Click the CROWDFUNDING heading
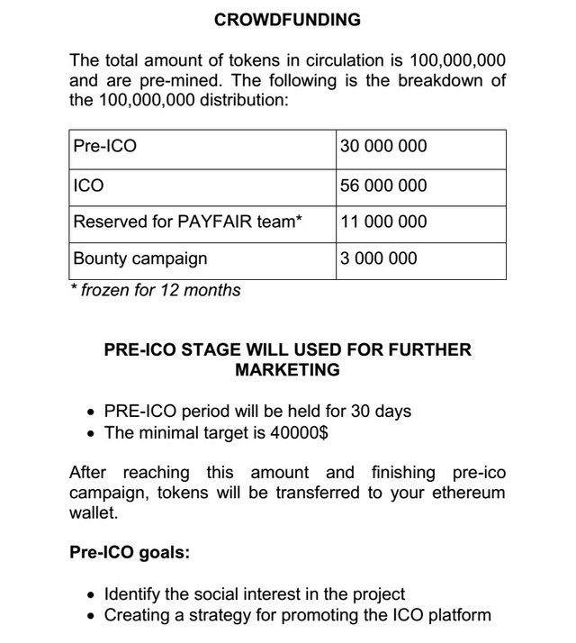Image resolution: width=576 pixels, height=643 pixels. pyautogui.click(x=288, y=19)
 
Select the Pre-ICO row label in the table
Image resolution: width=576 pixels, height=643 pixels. pyautogui.click(x=104, y=146)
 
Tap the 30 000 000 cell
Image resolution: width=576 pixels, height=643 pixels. pyautogui.click(x=383, y=146)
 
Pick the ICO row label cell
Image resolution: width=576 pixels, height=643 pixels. pyautogui.click(x=88, y=186)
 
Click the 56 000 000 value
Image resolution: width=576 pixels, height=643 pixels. pyautogui.click(x=383, y=186)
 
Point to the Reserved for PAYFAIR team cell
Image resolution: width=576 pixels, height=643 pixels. pyautogui.click(x=187, y=222)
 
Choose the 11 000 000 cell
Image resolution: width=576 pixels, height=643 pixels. pyautogui.click(x=383, y=222)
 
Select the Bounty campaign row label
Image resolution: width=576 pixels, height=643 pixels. pyautogui.click(x=139, y=258)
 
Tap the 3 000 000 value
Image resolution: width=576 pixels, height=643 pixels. pyautogui.click(x=379, y=258)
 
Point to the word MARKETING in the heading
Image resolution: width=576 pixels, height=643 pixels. pyautogui.click(x=288, y=369)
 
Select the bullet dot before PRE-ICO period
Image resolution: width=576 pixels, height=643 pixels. pyautogui.click(x=91, y=412)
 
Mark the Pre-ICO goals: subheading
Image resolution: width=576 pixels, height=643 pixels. pyautogui.click(x=130, y=553)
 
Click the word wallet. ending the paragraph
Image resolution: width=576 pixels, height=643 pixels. pyautogui.click(x=94, y=513)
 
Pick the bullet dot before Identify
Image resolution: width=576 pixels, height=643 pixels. pyautogui.click(x=91, y=595)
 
